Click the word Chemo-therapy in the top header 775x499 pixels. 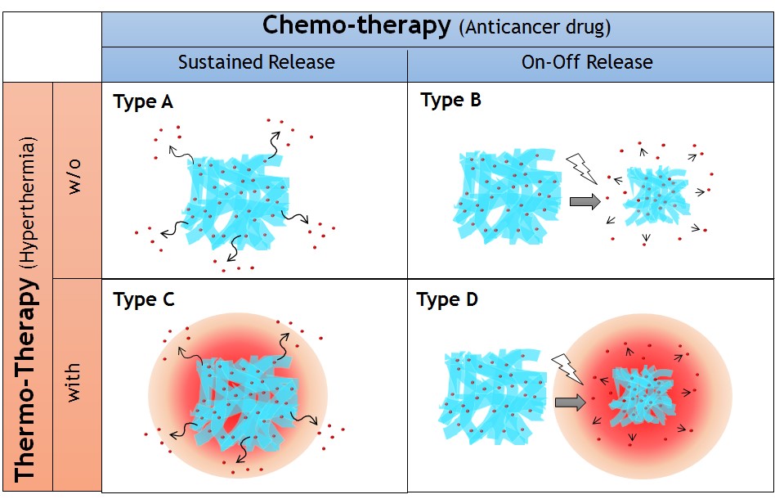[x=356, y=25]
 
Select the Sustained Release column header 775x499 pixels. [x=256, y=62]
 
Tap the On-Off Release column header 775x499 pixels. [x=587, y=62]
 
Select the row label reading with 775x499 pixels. [x=75, y=384]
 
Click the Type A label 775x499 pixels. [x=143, y=102]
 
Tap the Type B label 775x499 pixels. [x=450, y=101]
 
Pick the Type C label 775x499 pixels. [x=144, y=299]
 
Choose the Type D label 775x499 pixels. [x=447, y=299]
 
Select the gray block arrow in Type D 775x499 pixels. [x=570, y=402]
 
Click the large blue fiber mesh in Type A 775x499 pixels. [x=237, y=200]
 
